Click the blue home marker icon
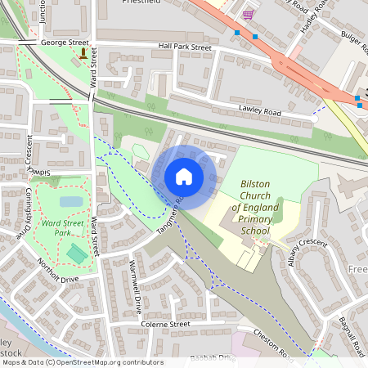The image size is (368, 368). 184,176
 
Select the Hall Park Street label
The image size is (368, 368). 186,47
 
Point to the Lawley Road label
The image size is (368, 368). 260,112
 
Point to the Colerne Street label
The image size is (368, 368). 164,324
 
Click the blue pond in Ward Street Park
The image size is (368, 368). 71,201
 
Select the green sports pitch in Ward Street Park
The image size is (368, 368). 77,254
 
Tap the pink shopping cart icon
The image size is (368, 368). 248,15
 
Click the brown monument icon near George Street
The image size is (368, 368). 83,54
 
